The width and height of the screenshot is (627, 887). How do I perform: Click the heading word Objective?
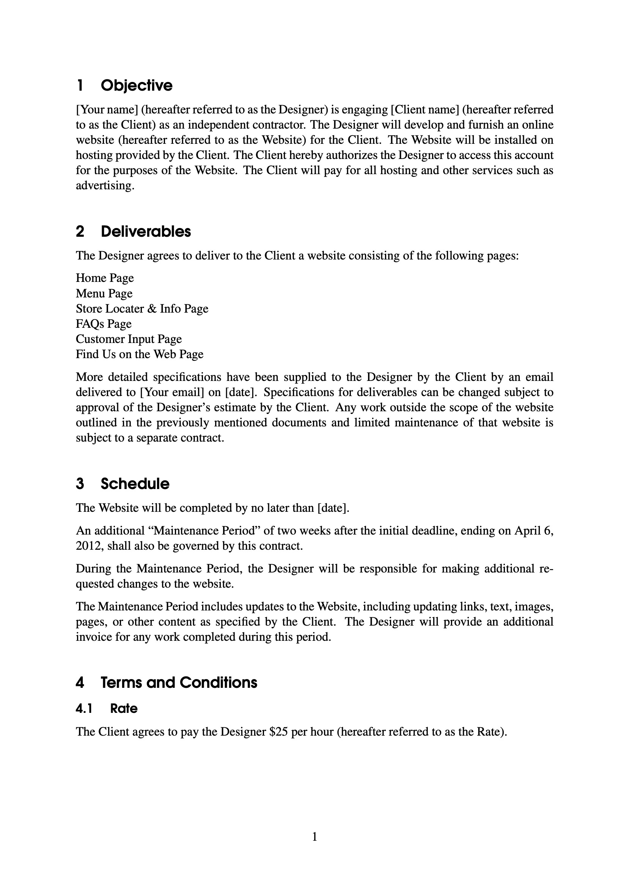click(137, 85)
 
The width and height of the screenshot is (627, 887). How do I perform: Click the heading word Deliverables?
click(146, 231)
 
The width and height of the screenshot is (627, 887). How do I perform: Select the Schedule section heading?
click(135, 484)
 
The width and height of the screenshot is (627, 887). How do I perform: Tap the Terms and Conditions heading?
click(179, 683)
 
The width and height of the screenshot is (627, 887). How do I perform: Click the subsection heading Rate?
click(124, 709)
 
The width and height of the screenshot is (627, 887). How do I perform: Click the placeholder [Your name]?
click(107, 110)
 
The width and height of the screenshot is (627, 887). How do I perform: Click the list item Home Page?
click(105, 278)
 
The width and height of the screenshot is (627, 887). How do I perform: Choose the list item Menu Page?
click(104, 294)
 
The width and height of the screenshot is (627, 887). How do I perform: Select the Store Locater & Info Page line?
click(142, 309)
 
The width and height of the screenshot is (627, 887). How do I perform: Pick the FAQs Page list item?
click(104, 324)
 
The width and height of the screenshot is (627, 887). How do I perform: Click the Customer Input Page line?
click(129, 339)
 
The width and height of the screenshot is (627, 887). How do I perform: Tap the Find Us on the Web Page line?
click(140, 354)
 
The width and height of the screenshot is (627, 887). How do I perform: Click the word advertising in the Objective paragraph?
click(104, 186)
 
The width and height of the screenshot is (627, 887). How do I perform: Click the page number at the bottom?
click(314, 837)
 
